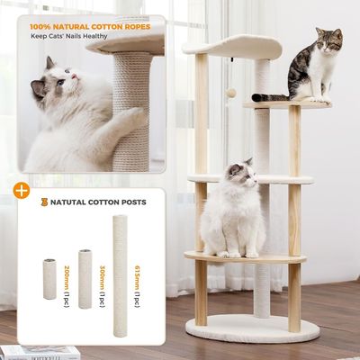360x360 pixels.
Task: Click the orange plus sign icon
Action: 20,190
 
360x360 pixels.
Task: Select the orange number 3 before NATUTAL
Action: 43,202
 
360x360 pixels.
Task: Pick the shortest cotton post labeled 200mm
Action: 49,279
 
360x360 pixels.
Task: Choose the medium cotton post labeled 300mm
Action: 85,278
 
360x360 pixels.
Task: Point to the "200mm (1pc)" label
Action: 67,280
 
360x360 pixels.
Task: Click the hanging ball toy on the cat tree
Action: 230,93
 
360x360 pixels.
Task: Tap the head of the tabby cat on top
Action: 328,40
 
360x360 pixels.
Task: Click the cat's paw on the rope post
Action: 135,115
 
